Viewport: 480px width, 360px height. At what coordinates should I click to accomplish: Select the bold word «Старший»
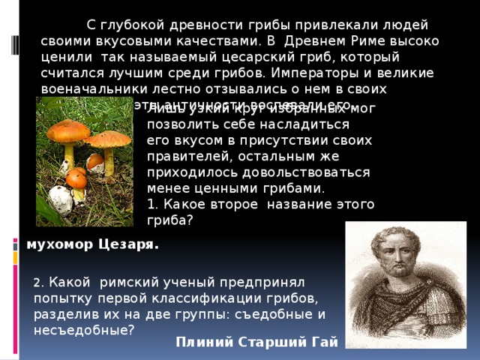[262, 343]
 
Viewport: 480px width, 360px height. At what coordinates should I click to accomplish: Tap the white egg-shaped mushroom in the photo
[60, 199]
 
